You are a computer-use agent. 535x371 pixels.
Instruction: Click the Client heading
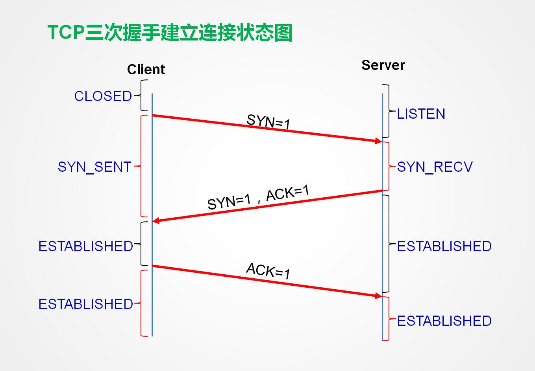146,70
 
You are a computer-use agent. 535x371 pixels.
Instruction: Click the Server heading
383,65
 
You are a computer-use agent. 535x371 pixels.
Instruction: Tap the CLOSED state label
103,96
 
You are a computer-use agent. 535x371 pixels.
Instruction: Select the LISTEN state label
421,114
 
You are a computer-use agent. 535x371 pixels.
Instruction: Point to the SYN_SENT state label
94,167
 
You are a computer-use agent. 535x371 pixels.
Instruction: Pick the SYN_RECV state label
435,167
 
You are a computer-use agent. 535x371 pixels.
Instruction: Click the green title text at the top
170,33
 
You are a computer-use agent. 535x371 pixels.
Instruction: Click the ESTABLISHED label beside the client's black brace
86,246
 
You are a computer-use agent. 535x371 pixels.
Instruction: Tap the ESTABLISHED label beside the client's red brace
86,304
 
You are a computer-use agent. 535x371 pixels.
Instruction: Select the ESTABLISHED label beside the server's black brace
444,246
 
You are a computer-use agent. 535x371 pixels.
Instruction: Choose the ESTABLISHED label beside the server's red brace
444,321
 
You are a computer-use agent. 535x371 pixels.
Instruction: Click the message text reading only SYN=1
268,122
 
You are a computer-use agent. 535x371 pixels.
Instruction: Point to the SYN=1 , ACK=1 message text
258,197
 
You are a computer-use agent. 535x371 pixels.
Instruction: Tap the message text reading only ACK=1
268,271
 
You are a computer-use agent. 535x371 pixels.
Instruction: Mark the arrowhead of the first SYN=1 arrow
378,141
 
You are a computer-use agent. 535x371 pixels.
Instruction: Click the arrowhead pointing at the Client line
156,221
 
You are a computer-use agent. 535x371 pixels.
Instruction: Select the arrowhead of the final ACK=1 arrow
378,296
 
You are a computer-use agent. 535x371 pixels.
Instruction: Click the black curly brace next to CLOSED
141,96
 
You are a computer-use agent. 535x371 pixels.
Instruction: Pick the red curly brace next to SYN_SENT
141,166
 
